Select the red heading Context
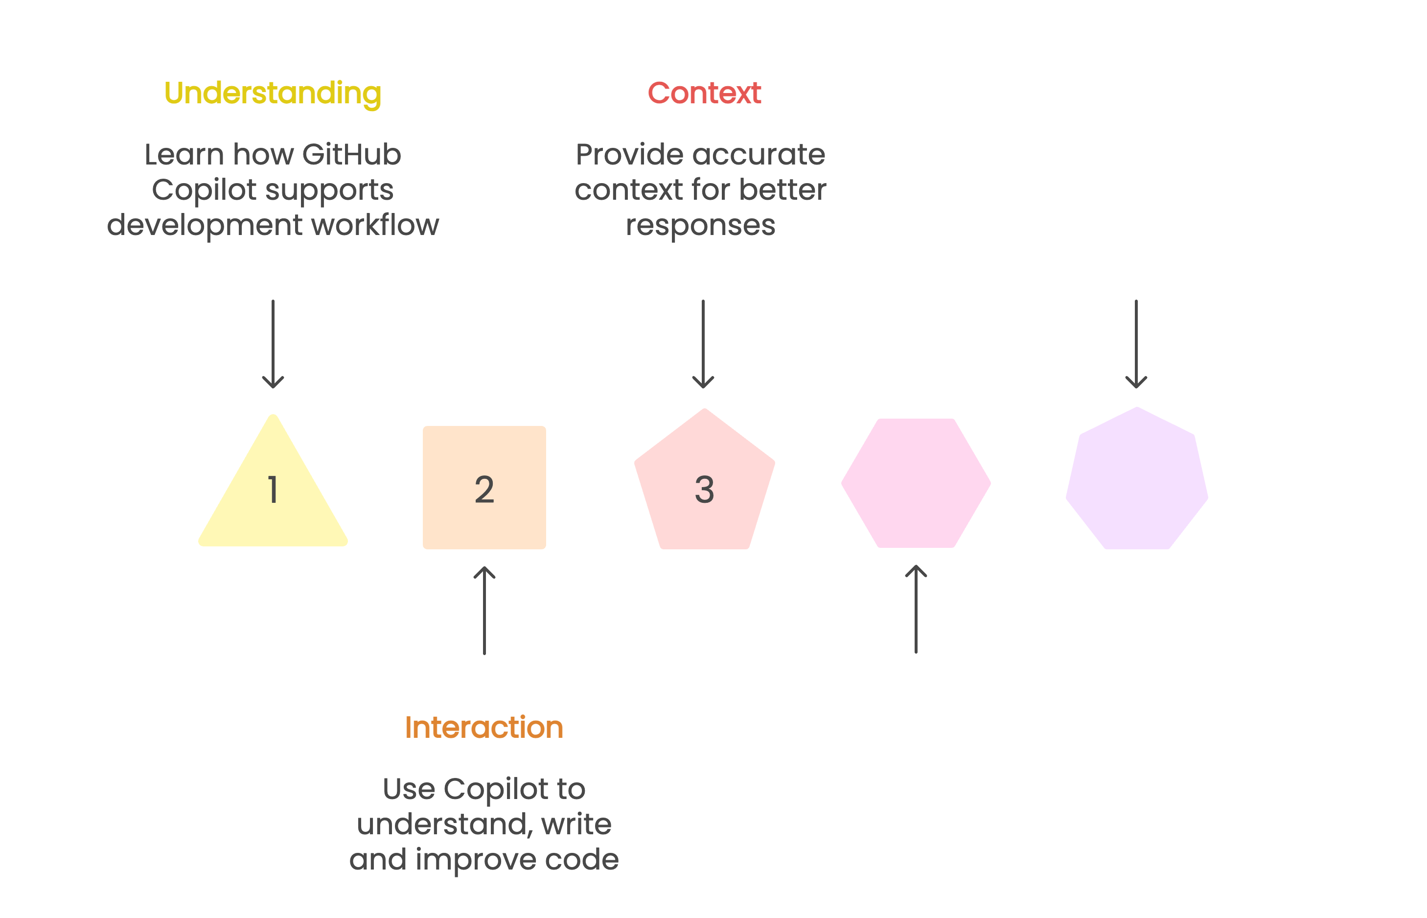pyautogui.click(x=704, y=93)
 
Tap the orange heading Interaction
pyautogui.click(x=484, y=727)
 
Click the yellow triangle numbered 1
pyautogui.click(x=273, y=495)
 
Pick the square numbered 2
pyautogui.click(x=484, y=488)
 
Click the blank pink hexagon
pyautogui.click(x=916, y=483)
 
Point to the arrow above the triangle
pyautogui.click(x=273, y=344)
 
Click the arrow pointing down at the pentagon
pyautogui.click(x=703, y=344)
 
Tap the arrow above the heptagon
pyautogui.click(x=1136, y=344)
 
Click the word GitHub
pyautogui.click(x=351, y=155)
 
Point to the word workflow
pyautogui.click(x=375, y=225)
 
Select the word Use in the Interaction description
pyautogui.click(x=408, y=789)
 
